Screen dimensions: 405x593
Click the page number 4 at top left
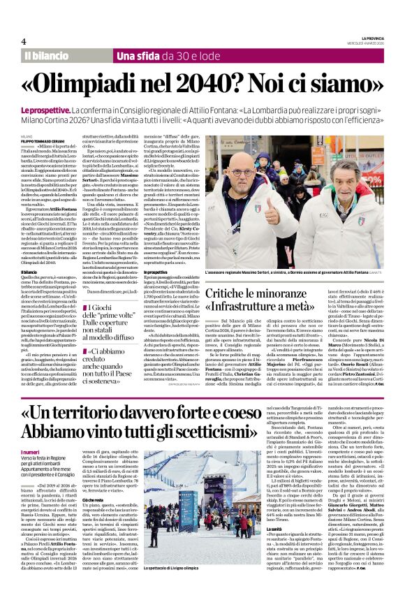24,41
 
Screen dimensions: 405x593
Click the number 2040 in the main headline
222,84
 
